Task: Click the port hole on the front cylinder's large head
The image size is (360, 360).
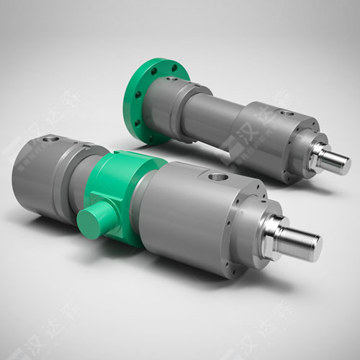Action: pyautogui.click(x=217, y=175)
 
